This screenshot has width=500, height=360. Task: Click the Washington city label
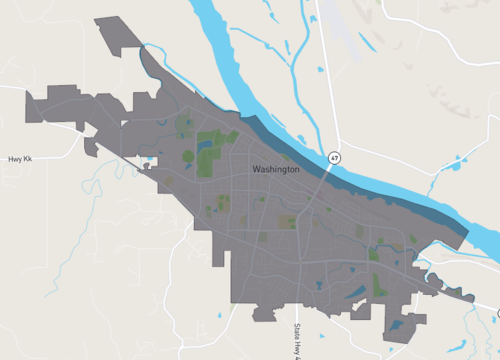coord(276,170)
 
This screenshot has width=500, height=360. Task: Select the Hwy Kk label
coord(20,159)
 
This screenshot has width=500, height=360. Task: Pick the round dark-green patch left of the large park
coord(184,126)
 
